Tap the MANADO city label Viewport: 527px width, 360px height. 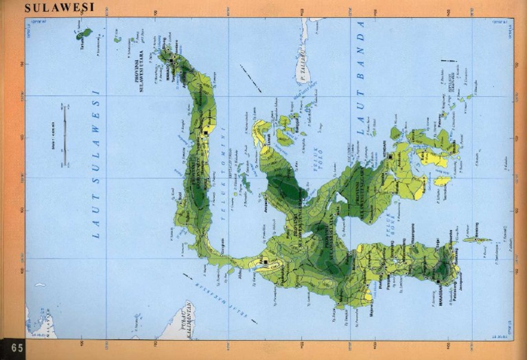tap(167, 68)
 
